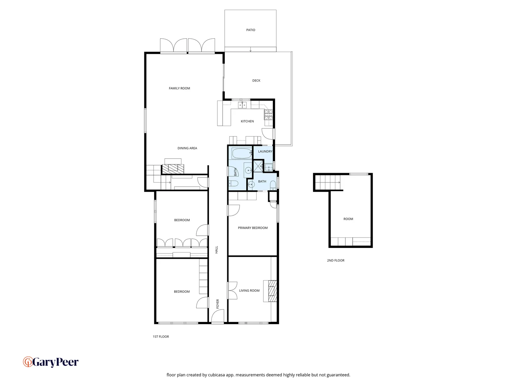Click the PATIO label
click(x=251, y=30)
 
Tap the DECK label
click(x=256, y=81)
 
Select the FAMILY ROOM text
click(x=180, y=88)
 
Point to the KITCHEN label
click(x=247, y=121)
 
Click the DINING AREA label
click(x=187, y=148)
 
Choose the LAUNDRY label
click(x=265, y=152)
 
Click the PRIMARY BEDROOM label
click(x=253, y=228)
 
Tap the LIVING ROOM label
click(x=249, y=291)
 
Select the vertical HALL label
click(x=216, y=250)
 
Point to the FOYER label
click(x=218, y=304)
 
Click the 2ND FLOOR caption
click(x=336, y=260)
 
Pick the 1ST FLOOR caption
click(x=161, y=337)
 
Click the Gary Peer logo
click(x=51, y=362)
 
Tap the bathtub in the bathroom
click(x=242, y=153)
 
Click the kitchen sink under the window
click(x=242, y=105)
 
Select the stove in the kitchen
click(x=269, y=115)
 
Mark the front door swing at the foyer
click(x=217, y=317)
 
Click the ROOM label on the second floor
click(x=348, y=219)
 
